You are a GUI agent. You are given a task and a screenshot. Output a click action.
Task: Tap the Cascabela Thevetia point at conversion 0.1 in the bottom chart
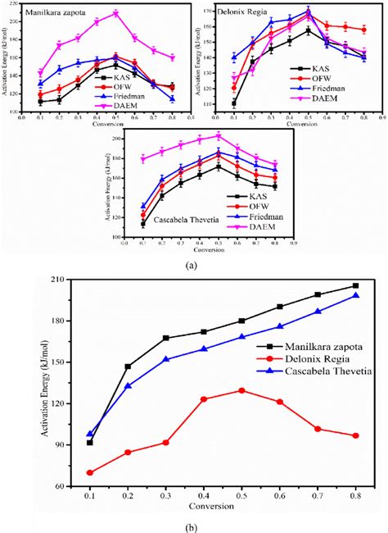point(90,433)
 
